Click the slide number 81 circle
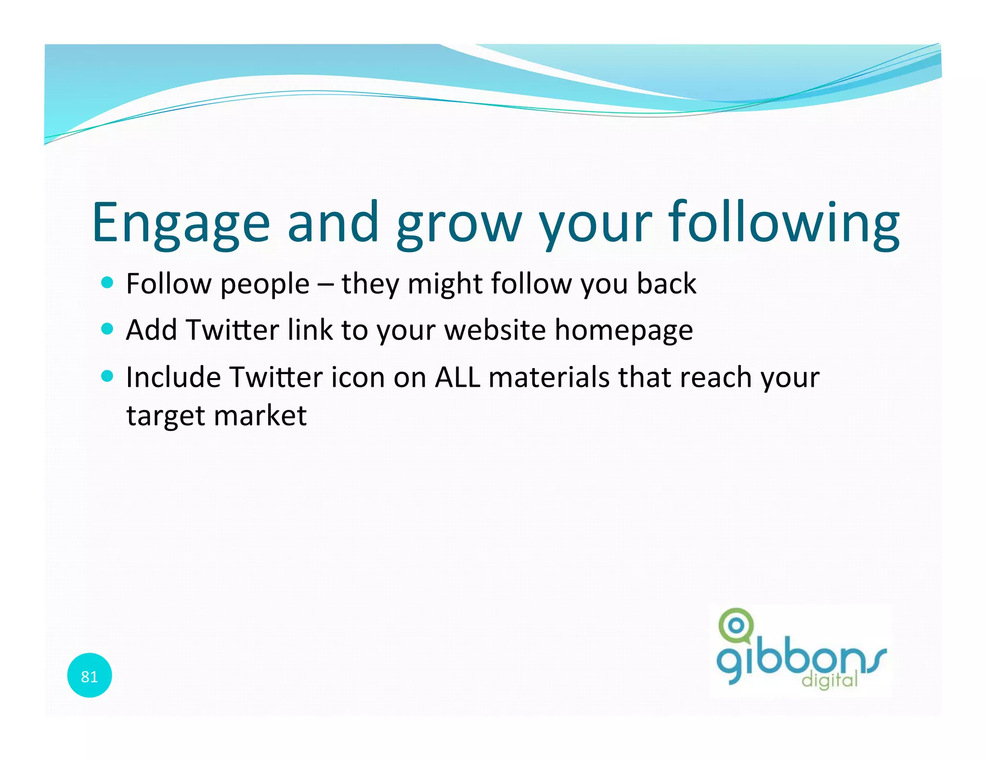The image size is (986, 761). [90, 676]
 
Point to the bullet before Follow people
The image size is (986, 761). [107, 282]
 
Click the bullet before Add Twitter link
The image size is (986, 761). [107, 329]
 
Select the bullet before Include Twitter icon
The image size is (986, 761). [107, 376]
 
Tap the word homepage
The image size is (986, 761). [623, 331]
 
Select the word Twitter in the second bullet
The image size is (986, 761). [233, 330]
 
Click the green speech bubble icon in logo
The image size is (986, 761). [735, 626]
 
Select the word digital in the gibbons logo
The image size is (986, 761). [830, 680]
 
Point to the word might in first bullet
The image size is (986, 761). [445, 284]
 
